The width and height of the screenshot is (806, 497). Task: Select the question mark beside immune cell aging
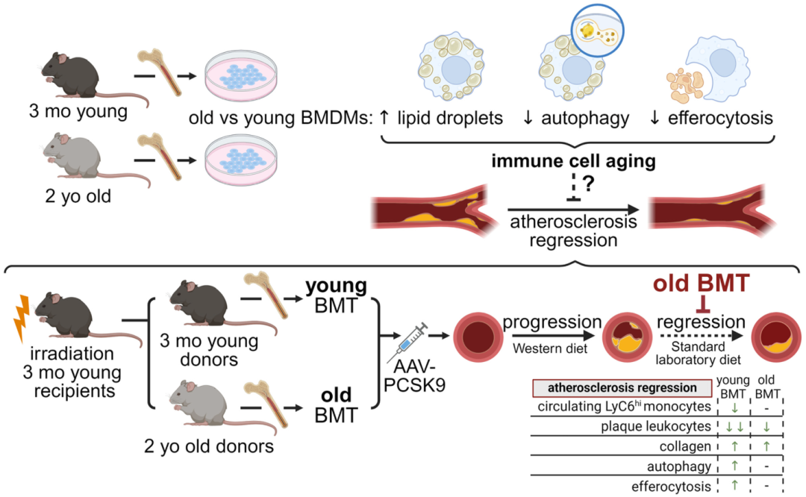pyautogui.click(x=578, y=183)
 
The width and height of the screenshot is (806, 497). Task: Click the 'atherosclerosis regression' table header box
pyautogui.click(x=621, y=388)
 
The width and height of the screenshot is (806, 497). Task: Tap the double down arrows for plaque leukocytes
pyautogui.click(x=734, y=428)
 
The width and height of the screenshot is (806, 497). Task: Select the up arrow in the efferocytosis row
pyautogui.click(x=734, y=485)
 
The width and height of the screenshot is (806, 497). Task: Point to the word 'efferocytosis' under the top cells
pyautogui.click(x=720, y=118)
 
